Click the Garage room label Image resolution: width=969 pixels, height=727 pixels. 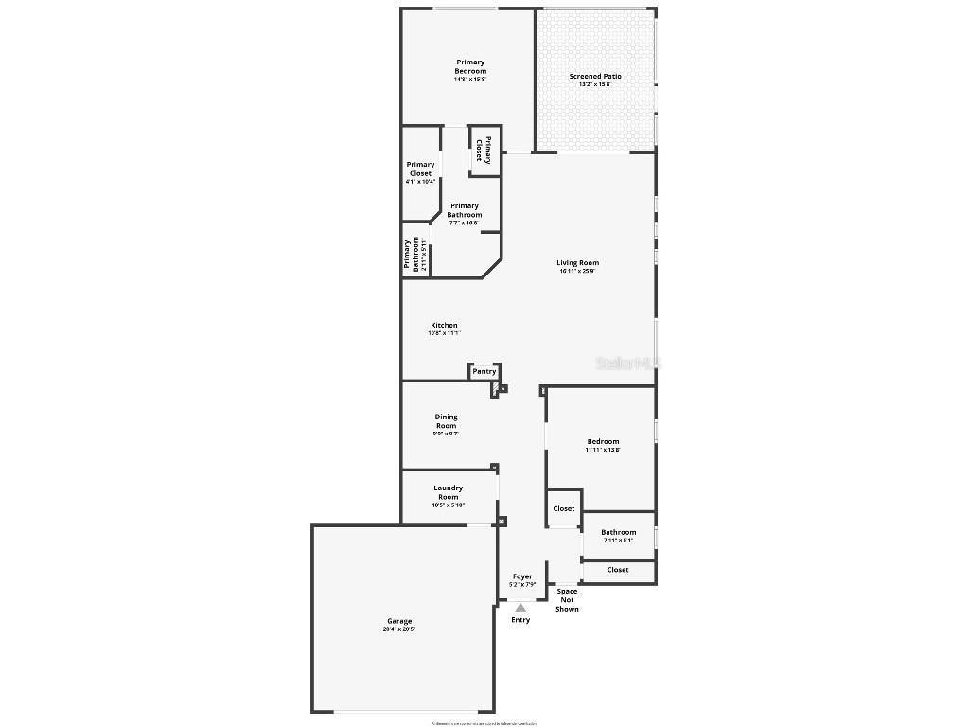point(399,621)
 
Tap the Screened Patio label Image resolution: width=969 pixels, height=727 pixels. point(595,77)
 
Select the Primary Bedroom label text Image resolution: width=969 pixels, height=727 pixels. point(470,67)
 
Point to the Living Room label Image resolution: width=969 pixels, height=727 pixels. point(577,263)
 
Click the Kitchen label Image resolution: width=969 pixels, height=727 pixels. point(444,326)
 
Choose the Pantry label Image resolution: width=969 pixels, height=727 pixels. point(484,371)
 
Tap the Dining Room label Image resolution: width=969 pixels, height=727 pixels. point(446,421)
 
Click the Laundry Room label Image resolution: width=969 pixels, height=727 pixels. point(449,492)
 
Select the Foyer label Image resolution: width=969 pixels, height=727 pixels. point(522,576)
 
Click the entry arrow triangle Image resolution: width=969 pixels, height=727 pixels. point(520,608)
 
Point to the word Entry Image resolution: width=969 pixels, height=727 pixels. point(520,620)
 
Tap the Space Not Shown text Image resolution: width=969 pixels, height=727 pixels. point(567,600)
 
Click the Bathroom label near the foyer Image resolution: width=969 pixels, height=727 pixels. point(618,532)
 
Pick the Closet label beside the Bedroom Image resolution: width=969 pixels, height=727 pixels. point(564,508)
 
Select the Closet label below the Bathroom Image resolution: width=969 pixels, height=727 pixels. point(618,570)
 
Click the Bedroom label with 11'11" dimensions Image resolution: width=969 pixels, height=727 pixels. point(603,442)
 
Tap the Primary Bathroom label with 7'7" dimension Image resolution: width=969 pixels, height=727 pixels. point(464,210)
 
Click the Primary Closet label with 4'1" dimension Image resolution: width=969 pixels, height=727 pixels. point(421,168)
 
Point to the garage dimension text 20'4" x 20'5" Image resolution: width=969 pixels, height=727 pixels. point(399,629)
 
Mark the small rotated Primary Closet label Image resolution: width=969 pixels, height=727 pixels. point(484,151)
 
